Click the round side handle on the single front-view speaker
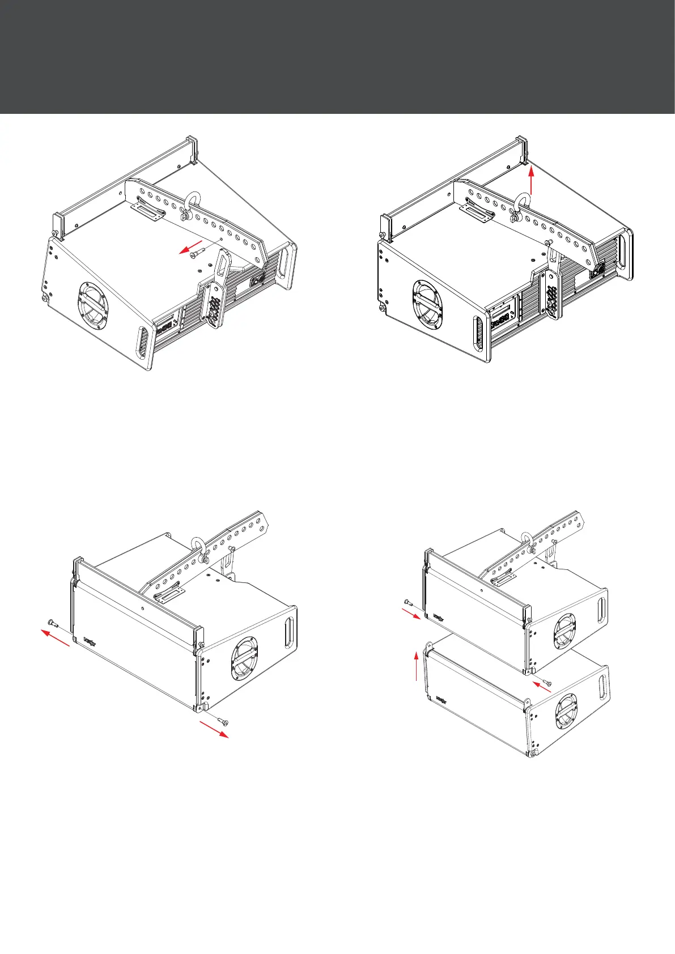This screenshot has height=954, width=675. pyautogui.click(x=244, y=658)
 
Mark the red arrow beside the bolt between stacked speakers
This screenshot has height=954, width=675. pyautogui.click(x=542, y=687)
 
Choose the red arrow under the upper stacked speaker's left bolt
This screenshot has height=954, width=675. pyautogui.click(x=412, y=614)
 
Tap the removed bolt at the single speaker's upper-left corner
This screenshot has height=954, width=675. pyautogui.click(x=53, y=624)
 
